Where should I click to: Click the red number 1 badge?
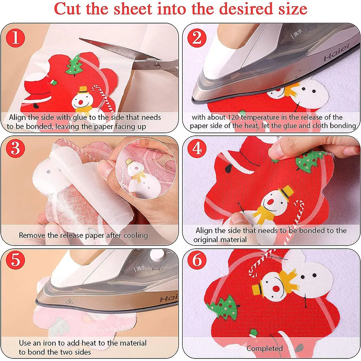coord(15,38)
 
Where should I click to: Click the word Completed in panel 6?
coord(265,348)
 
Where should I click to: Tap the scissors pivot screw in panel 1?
coord(156,65)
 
